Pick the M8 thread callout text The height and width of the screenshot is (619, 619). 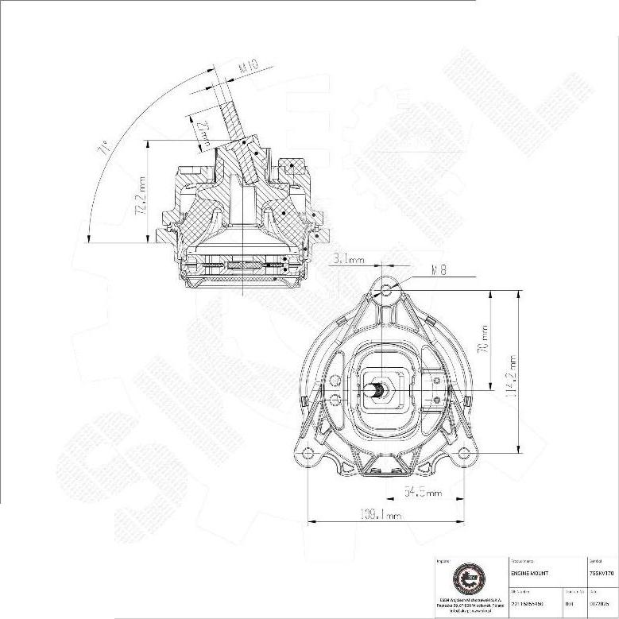[x=437, y=270]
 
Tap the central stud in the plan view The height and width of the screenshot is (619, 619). [x=381, y=390]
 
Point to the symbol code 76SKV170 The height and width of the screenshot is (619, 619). [x=602, y=572]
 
